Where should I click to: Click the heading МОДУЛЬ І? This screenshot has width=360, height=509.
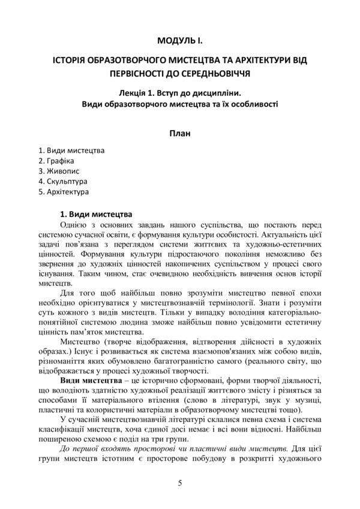[180, 40]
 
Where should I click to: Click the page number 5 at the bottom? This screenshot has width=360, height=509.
[180, 483]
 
